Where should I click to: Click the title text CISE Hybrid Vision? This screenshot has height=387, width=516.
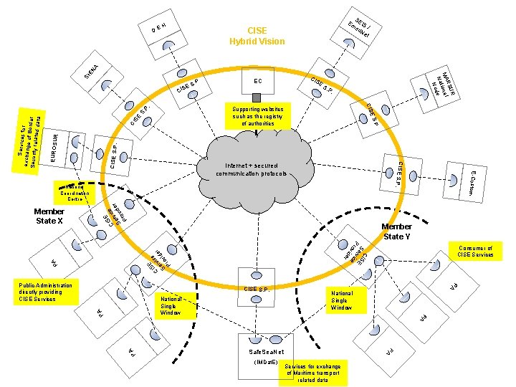[257, 36]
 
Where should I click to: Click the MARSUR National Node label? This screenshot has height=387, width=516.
[444, 88]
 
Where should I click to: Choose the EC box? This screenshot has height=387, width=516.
[257, 81]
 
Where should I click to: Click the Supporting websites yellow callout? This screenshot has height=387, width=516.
[257, 117]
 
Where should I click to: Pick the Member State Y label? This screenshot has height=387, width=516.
[397, 231]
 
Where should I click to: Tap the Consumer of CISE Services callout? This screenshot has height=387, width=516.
[474, 251]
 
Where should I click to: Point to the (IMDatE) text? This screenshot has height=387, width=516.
[266, 363]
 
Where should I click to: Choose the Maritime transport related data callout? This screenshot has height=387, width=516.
[315, 373]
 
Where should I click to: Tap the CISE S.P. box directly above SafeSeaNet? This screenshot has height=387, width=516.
[257, 289]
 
